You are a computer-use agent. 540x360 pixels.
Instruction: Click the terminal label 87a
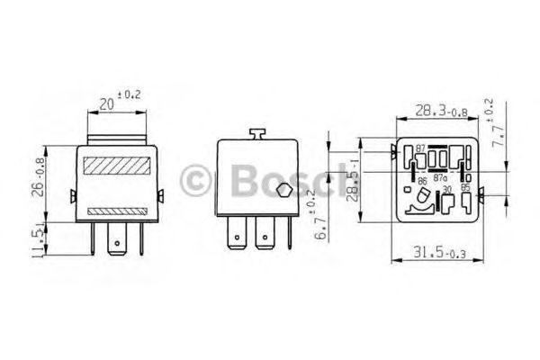[x=440, y=179]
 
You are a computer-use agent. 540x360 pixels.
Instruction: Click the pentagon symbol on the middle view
[x=283, y=190]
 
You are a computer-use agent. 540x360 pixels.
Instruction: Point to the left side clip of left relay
[x=72, y=195]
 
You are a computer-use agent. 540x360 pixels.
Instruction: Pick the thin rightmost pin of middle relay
[x=290, y=236]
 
